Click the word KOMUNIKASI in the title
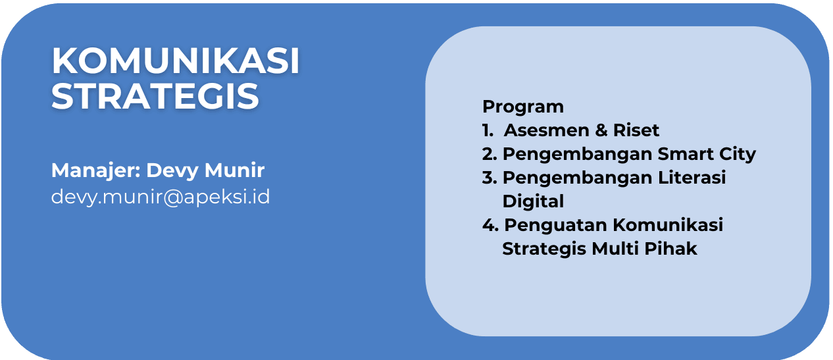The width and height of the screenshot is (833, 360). point(175,61)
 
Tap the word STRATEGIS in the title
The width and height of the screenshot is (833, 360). point(155,96)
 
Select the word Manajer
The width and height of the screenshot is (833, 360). point(95,171)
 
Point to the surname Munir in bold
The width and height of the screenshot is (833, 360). point(234,170)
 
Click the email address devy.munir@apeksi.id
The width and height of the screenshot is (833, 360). point(161,197)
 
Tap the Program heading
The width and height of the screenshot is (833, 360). point(523,108)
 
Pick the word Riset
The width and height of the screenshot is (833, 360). point(636,130)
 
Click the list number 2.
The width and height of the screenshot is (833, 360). point(490,154)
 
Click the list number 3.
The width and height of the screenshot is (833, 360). point(490,178)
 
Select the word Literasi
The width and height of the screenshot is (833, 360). point(692,178)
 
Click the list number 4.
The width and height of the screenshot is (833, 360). point(490,225)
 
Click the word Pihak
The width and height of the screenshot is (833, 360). point(671,248)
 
